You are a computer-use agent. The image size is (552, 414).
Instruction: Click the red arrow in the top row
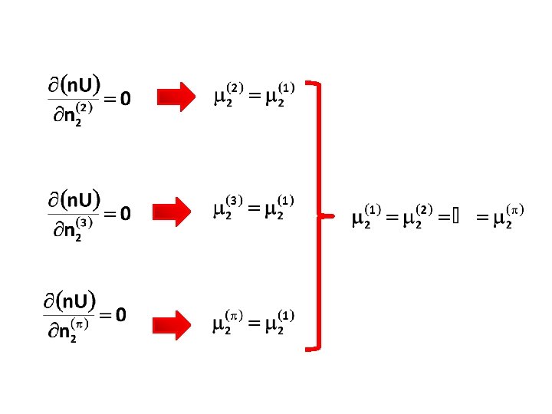[x=177, y=97]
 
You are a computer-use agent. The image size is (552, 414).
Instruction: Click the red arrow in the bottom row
[x=177, y=324]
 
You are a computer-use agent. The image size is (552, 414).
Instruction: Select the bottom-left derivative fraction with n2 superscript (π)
[x=71, y=314]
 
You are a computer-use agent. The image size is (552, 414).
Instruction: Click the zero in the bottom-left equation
[x=121, y=314]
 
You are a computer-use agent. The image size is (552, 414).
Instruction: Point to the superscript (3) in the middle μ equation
[x=233, y=201]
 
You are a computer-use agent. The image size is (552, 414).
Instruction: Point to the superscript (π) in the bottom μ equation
[x=233, y=315]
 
